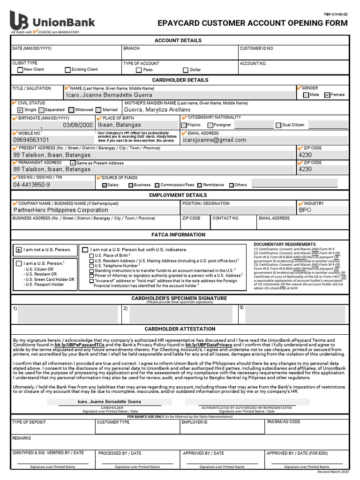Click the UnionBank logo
(x=52, y=22)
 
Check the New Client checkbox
(x=20, y=70)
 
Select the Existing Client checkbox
(x=67, y=70)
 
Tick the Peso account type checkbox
(x=138, y=70)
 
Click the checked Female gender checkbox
(x=327, y=95)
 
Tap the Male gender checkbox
(x=306, y=95)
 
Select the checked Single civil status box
(x=20, y=110)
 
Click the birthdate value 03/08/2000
(x=78, y=125)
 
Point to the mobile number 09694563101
(x=31, y=140)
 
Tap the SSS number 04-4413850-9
(x=31, y=185)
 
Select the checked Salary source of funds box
(x=105, y=185)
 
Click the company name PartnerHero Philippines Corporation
(x=60, y=210)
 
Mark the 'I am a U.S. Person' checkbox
(x=18, y=263)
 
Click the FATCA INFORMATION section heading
(x=178, y=234)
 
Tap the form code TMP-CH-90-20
(x=336, y=15)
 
